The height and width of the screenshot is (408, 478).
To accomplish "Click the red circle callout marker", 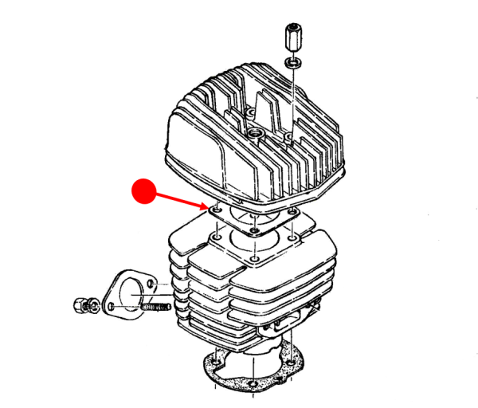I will coord(143,191).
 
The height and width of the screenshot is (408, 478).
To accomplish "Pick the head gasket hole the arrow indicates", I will coord(214,209).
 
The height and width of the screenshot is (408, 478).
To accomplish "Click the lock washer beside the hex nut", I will coord(94,303).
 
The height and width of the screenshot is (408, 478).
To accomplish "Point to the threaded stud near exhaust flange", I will coord(156,304).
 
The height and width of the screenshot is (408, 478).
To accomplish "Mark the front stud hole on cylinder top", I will coord(253,260).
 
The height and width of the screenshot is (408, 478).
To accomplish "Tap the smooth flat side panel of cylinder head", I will coord(195,147).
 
